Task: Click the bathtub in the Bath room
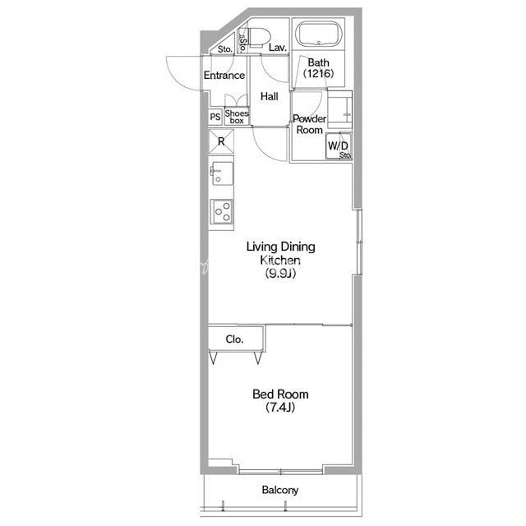click(319, 35)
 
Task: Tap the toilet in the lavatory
click(258, 36)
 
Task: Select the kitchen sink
click(221, 173)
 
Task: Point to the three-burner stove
click(222, 211)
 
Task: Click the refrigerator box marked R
click(221, 141)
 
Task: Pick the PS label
click(215, 117)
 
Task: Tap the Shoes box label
click(237, 117)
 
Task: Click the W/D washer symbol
click(339, 145)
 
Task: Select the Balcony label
click(280, 490)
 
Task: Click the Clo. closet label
click(234, 339)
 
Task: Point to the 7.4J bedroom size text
click(280, 408)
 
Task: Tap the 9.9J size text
click(280, 274)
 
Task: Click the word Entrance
click(224, 75)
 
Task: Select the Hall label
click(270, 97)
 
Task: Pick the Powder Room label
click(309, 124)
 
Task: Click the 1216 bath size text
click(318, 73)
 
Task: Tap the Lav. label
click(278, 48)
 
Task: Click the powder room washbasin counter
click(339, 109)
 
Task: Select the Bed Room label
click(280, 394)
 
